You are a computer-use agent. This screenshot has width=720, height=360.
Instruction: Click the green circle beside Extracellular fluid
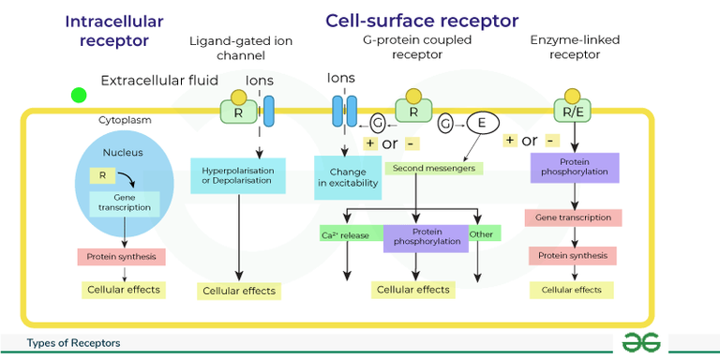point(79,95)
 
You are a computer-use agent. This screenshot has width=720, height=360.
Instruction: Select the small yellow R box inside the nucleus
point(100,174)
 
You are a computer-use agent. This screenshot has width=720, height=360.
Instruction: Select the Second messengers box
point(433,169)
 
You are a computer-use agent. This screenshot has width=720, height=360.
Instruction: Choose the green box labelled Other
point(482,234)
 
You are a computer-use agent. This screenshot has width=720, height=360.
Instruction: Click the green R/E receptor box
point(572,112)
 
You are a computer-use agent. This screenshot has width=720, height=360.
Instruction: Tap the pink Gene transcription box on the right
point(572,217)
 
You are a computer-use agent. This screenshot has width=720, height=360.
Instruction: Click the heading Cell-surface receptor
point(421,21)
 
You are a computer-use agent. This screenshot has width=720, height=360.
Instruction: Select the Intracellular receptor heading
point(113,30)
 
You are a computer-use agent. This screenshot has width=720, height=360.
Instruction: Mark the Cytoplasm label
point(125,120)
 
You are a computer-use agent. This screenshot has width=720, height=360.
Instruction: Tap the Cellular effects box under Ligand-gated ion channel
point(239,291)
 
